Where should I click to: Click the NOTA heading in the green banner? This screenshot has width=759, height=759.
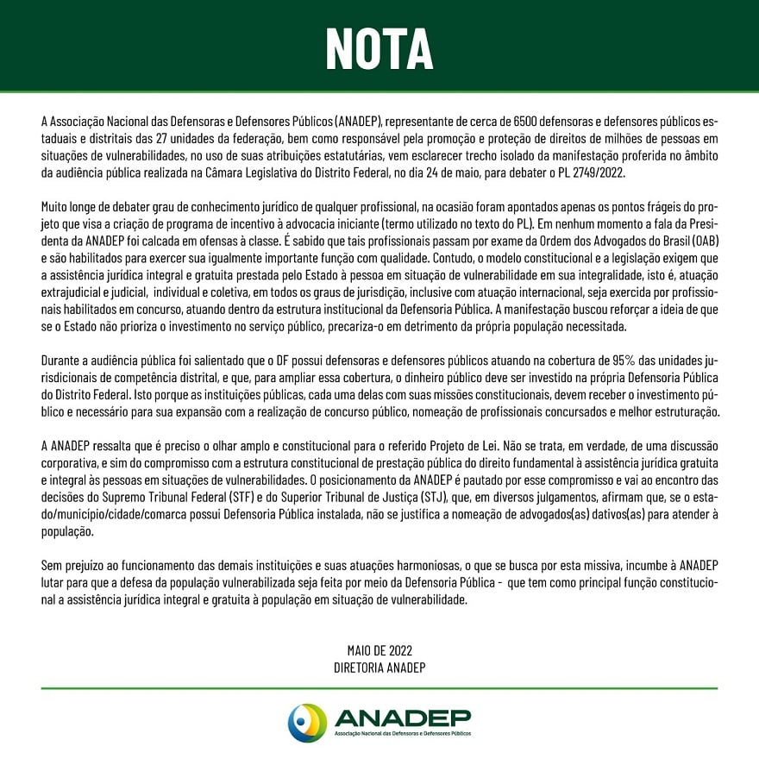tap(379, 47)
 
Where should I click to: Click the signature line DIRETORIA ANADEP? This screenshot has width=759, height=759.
tap(379, 667)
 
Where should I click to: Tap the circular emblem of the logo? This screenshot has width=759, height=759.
tap(307, 722)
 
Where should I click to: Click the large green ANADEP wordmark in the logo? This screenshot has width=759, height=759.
tap(403, 718)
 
